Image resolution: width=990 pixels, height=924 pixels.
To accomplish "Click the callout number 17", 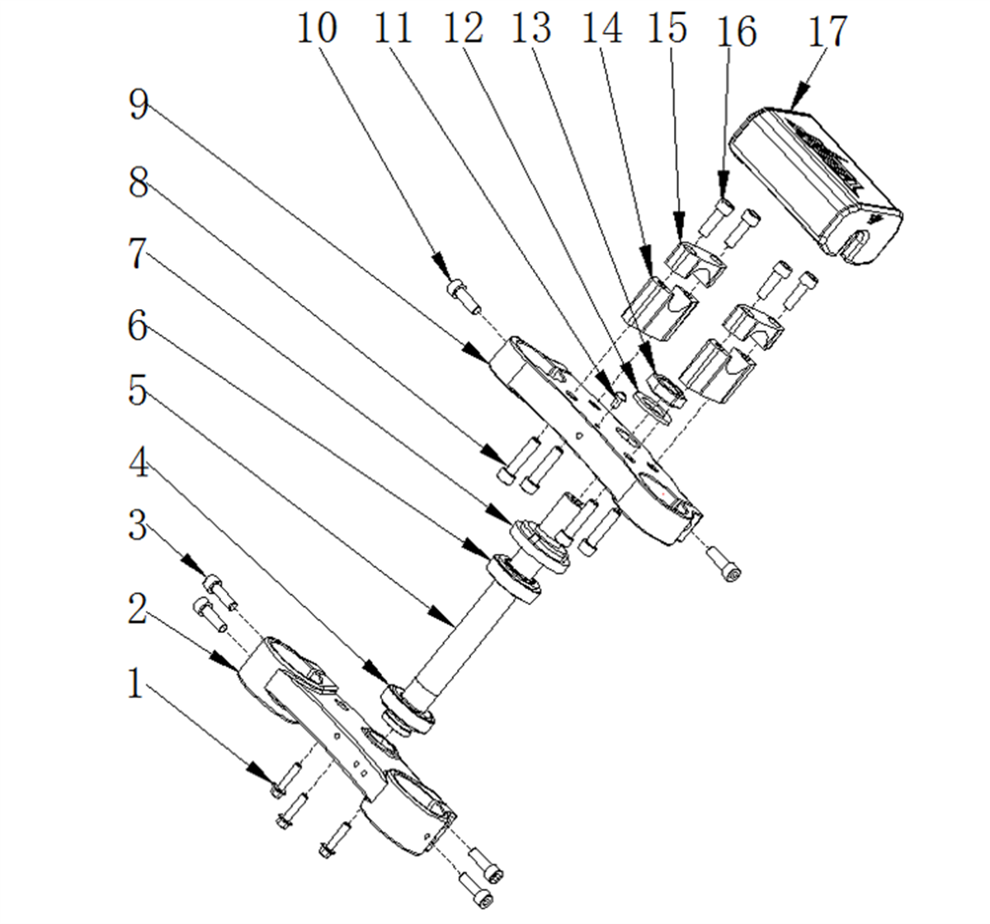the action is pyautogui.click(x=827, y=31).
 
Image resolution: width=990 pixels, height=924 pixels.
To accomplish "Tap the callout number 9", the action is pyautogui.click(x=139, y=105).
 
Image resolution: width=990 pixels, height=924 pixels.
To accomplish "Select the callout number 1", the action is pyautogui.click(x=135, y=684).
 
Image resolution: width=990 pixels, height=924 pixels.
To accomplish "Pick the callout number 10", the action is pyautogui.click(x=317, y=28).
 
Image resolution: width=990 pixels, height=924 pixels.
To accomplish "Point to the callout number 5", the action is pyautogui.click(x=138, y=391).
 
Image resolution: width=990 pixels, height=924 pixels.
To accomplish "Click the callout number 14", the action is pyautogui.click(x=602, y=28).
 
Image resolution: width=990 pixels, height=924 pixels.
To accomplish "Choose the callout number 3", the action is pyautogui.click(x=138, y=527).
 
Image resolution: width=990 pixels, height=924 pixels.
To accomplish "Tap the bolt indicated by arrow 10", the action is pyautogui.click(x=463, y=297).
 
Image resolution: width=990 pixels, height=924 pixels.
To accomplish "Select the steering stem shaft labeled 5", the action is pyautogui.click(x=471, y=653).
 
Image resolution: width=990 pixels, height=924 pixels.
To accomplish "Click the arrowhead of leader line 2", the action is pyautogui.click(x=225, y=661).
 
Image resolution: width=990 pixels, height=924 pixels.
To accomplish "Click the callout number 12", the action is pyautogui.click(x=463, y=28).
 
